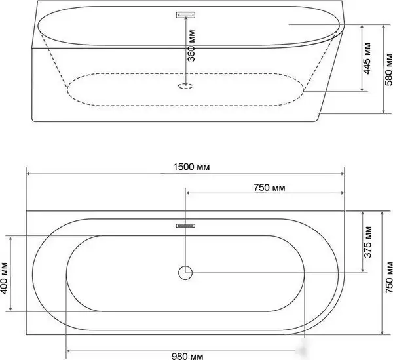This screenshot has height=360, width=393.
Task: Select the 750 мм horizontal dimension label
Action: [x=269, y=187]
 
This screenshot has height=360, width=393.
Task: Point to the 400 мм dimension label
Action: [x=5, y=274]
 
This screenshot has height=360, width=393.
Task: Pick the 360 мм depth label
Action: [x=191, y=45]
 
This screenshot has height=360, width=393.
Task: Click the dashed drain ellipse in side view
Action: [x=186, y=85]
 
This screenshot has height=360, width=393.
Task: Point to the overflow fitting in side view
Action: [x=186, y=14]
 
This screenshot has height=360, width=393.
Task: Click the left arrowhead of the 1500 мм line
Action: [x=28, y=173]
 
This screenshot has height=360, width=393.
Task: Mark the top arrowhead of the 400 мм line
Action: [x=10, y=237]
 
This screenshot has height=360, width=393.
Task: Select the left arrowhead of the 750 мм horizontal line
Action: [x=189, y=193]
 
